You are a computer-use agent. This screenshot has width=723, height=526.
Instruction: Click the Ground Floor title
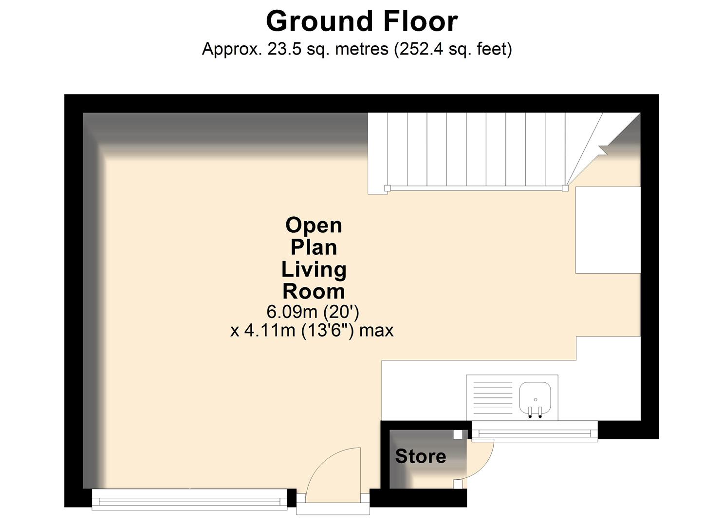pyautogui.click(x=361, y=22)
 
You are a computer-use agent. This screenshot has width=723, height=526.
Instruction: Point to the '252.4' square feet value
pyautogui.click(x=418, y=49)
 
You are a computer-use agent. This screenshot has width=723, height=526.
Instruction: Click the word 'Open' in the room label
pyautogui.click(x=314, y=225)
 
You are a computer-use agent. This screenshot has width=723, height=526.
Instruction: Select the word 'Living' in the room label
pyautogui.click(x=314, y=269)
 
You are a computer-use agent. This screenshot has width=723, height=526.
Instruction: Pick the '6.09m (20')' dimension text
pyautogui.click(x=313, y=311)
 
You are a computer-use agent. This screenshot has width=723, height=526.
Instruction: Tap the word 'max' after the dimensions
pyautogui.click(x=376, y=331)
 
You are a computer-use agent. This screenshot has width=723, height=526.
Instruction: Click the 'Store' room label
pyautogui.click(x=420, y=456)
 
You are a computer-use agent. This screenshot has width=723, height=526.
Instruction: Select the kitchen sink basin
pyautogui.click(x=535, y=396)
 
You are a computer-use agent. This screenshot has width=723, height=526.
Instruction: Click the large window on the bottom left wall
pyautogui.click(x=189, y=500)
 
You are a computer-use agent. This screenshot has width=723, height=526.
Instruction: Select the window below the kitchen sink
pyautogui.click(x=535, y=432)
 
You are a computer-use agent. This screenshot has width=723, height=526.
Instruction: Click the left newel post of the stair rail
pyautogui.click(x=388, y=188)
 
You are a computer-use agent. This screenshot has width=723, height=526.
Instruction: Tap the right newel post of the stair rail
pyautogui.click(x=565, y=188)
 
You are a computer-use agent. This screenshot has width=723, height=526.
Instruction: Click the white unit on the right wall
pyautogui.click(x=608, y=230)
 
